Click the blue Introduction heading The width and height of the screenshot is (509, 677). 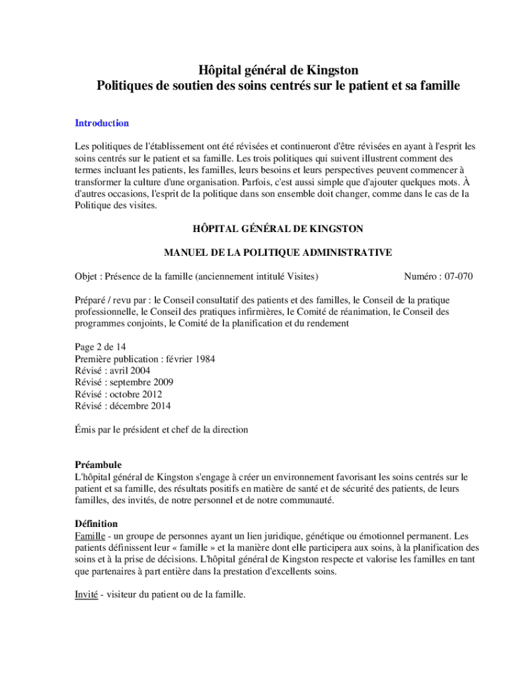click(x=101, y=123)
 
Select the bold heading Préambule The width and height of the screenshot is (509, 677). click(x=98, y=465)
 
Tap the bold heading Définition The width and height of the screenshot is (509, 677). click(x=97, y=524)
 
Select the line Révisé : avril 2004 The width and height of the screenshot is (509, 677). click(x=112, y=371)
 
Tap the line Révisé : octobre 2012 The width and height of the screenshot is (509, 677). click(x=118, y=394)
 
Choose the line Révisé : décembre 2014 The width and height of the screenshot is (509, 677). click(x=122, y=406)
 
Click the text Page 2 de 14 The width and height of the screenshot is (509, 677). click(x=100, y=347)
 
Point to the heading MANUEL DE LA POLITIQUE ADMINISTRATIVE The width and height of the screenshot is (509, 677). click(x=278, y=253)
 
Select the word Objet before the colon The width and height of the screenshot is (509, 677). click(x=87, y=276)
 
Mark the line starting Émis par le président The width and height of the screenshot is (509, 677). click(x=161, y=430)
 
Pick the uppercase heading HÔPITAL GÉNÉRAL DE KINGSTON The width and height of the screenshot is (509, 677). click(x=278, y=229)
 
